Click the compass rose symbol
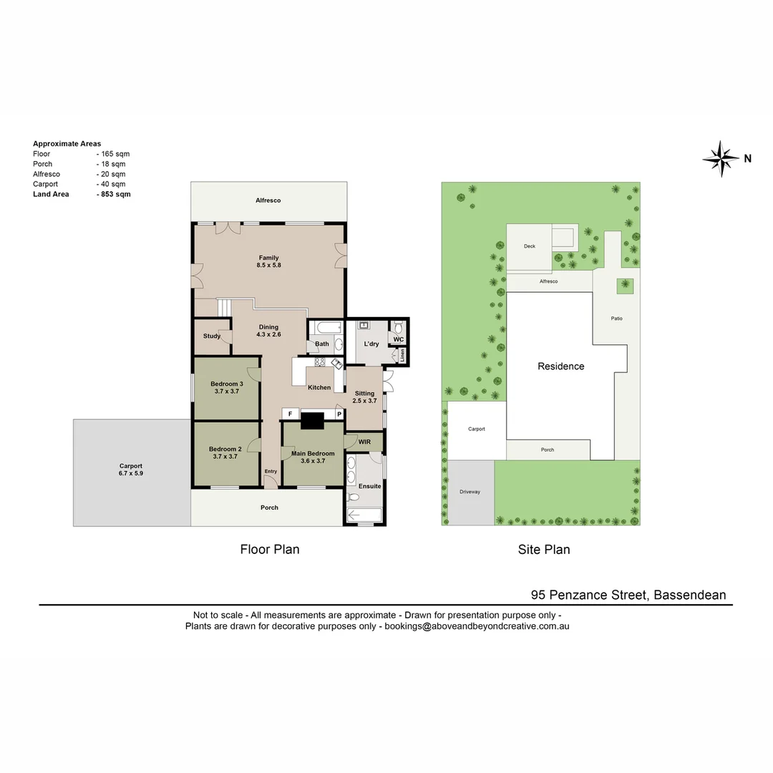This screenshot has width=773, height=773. (721, 158)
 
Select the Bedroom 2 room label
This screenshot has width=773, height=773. (224, 449)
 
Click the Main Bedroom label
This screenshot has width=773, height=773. (313, 453)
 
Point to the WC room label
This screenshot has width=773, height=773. (399, 339)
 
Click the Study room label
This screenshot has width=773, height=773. (211, 336)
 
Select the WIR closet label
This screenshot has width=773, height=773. (364, 442)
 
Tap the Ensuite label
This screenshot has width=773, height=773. (369, 486)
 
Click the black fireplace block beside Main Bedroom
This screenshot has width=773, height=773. (312, 421)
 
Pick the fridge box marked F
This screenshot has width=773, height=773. (290, 414)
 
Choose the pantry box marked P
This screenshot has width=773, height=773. (339, 414)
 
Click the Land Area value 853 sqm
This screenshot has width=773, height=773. (115, 194)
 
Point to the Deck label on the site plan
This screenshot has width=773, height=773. (529, 246)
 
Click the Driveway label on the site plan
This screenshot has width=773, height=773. (470, 492)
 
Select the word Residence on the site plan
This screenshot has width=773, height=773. (560, 366)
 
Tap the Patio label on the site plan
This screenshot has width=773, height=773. (616, 318)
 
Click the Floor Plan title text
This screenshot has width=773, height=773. (269, 550)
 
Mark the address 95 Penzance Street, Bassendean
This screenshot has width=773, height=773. (628, 595)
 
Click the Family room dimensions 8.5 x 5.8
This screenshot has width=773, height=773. (268, 266)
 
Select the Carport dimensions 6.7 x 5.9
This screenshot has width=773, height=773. (131, 473)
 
